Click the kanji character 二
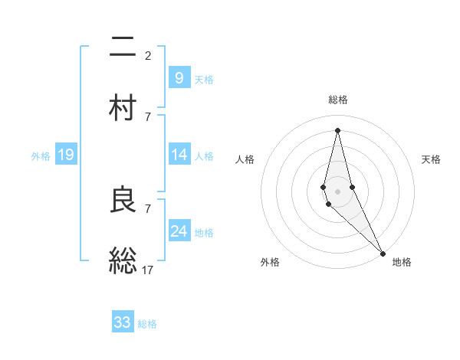pyautogui.click(x=123, y=47)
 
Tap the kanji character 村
pyautogui.click(x=123, y=106)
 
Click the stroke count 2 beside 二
pyautogui.click(x=148, y=55)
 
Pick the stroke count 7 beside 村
pyautogui.click(x=148, y=116)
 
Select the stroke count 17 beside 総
pyautogui.click(x=148, y=270)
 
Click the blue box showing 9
pyautogui.click(x=179, y=77)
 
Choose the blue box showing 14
pyautogui.click(x=179, y=155)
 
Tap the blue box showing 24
pyautogui.click(x=179, y=231)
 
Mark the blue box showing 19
pyautogui.click(x=66, y=155)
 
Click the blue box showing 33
pyautogui.click(x=123, y=322)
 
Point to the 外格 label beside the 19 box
pyautogui.click(x=41, y=156)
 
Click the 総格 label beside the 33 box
pyautogui.click(x=147, y=324)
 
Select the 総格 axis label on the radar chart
pyautogui.click(x=337, y=100)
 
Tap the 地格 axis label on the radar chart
pyautogui.click(x=402, y=262)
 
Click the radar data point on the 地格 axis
pyautogui.click(x=383, y=252)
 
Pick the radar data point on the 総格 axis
pyautogui.click(x=337, y=129)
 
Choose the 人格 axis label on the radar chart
pyautogui.click(x=245, y=159)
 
